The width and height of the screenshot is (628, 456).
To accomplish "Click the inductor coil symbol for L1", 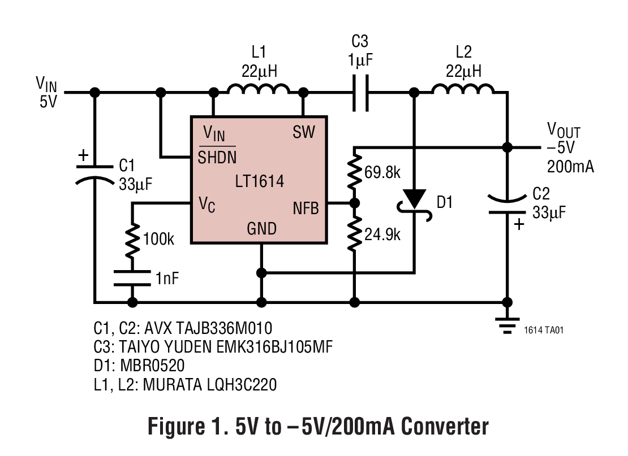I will pyautogui.click(x=259, y=89).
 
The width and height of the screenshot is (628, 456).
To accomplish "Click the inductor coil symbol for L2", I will pyautogui.click(x=463, y=89).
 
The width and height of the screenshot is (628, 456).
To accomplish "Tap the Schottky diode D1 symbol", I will pyautogui.click(x=415, y=199).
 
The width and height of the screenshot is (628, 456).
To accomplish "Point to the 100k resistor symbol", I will pyautogui.click(x=132, y=240).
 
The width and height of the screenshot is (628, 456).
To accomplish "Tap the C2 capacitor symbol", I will pyautogui.click(x=507, y=205).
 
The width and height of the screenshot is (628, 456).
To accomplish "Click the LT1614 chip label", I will pyautogui.click(x=259, y=181).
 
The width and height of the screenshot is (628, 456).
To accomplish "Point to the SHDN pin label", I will pyautogui.click(x=217, y=157).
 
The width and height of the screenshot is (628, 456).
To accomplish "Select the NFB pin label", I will pyautogui.click(x=306, y=208).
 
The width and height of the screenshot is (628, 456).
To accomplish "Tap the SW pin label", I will pyautogui.click(x=304, y=133).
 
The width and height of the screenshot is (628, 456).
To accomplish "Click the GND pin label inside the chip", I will pyautogui.click(x=262, y=229).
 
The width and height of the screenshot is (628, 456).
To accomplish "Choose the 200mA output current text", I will pyautogui.click(x=570, y=167).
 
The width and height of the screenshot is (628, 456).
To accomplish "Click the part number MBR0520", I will pyautogui.click(x=152, y=366).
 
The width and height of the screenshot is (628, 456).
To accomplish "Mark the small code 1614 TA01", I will pyautogui.click(x=544, y=330).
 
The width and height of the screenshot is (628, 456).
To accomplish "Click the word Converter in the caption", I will pyautogui.click(x=445, y=427).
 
